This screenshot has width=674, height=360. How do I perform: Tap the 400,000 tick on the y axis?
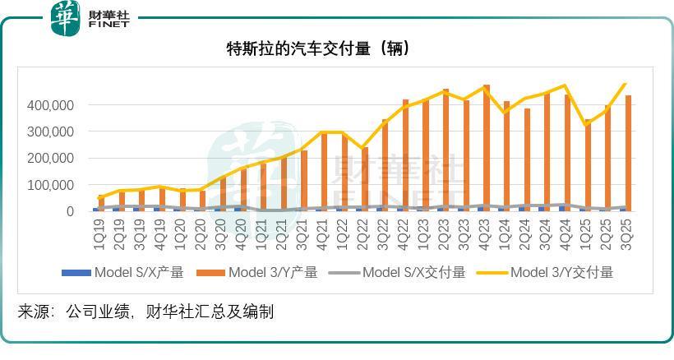click(x=51, y=105)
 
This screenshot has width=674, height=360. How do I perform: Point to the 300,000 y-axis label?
click(x=51, y=132)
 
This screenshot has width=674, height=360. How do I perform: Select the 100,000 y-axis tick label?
click(x=51, y=185)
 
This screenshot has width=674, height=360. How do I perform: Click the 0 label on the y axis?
click(x=71, y=211)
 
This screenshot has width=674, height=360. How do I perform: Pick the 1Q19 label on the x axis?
click(x=99, y=233)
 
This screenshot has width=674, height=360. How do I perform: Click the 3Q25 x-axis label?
click(x=628, y=233)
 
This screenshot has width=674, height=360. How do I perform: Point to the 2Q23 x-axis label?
click(x=445, y=233)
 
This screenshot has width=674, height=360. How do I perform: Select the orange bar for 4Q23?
click(x=487, y=148)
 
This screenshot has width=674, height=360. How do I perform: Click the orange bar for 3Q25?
click(x=629, y=153)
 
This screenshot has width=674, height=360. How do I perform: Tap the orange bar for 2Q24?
click(x=527, y=159)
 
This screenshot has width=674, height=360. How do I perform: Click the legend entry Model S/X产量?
click(x=123, y=272)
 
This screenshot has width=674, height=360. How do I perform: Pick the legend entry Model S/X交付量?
click(x=403, y=272)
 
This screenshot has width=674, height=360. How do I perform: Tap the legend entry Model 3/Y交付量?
click(x=551, y=272)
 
